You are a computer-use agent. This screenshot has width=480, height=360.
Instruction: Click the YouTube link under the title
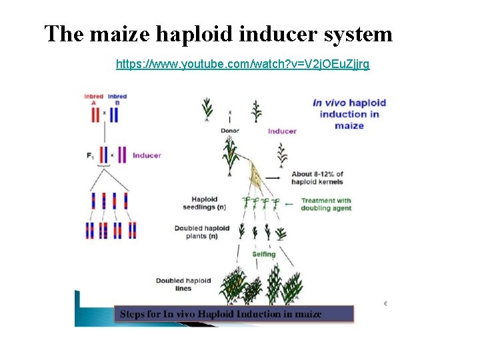click(x=243, y=64)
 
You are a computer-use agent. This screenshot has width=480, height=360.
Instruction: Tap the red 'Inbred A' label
click(x=94, y=99)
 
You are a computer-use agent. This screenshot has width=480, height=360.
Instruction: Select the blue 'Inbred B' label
click(x=117, y=99)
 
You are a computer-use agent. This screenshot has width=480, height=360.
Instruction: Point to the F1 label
click(x=90, y=155)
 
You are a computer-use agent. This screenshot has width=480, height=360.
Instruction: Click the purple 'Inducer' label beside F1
click(x=147, y=155)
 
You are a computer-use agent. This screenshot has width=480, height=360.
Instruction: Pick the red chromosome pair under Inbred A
click(x=95, y=115)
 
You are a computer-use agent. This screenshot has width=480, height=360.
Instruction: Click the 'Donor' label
click(x=229, y=131)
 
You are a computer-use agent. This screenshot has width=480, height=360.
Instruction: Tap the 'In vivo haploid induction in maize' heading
click(x=349, y=113)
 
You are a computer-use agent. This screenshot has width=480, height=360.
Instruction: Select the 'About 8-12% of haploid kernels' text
click(x=317, y=178)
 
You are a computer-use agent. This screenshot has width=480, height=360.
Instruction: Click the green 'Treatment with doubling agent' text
click(x=326, y=204)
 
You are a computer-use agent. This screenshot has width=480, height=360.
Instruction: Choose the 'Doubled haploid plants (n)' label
click(x=202, y=232)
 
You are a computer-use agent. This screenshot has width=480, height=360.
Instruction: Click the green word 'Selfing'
click(x=264, y=254)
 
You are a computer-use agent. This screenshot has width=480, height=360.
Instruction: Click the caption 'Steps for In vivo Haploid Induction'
click(x=221, y=313)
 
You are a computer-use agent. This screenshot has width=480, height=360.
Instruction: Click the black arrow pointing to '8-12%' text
click(x=273, y=178)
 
